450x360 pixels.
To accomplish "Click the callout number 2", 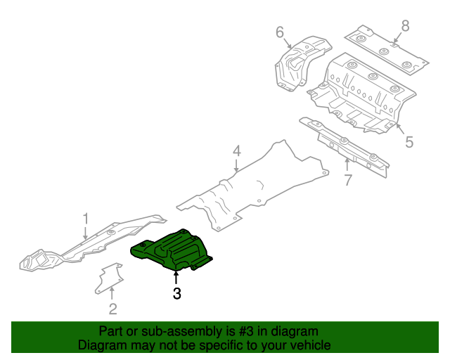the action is pyautogui.click(x=112, y=308).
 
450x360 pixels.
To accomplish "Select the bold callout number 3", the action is pyautogui.click(x=176, y=294).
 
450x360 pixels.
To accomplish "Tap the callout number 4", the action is pyautogui.click(x=236, y=151).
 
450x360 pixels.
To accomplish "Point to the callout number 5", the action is pyautogui.click(x=409, y=143).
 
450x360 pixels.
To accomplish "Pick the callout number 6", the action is pyautogui.click(x=279, y=32).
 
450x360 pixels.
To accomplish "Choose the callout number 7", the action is pyautogui.click(x=347, y=181).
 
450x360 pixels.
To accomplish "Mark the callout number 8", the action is pyautogui.click(x=404, y=26).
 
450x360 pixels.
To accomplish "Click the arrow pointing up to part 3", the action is pyautogui.click(x=176, y=277).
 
